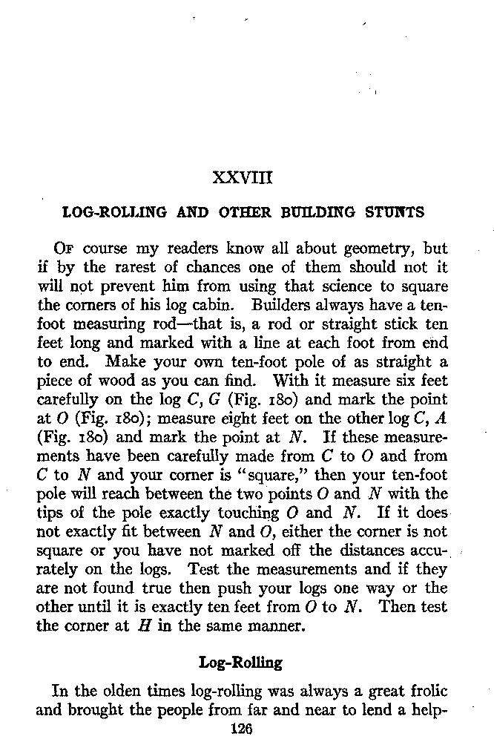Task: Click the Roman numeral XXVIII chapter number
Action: point(243,178)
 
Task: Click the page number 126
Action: point(242,729)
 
